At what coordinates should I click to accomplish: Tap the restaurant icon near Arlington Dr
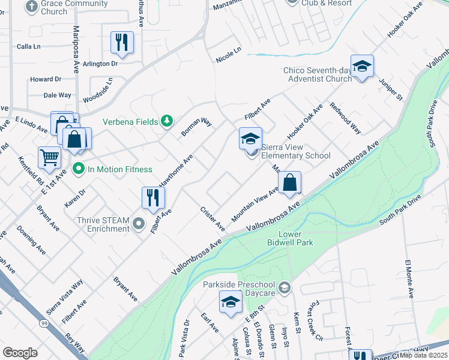point(122,43)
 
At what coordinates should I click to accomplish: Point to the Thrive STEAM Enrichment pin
point(139,224)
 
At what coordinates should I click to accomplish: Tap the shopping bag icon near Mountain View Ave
point(289,184)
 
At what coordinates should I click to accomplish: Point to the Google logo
point(20,352)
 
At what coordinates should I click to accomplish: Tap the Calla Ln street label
point(28,46)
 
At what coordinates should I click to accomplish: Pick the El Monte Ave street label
point(410,279)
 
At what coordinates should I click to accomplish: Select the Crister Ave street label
point(212,219)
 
